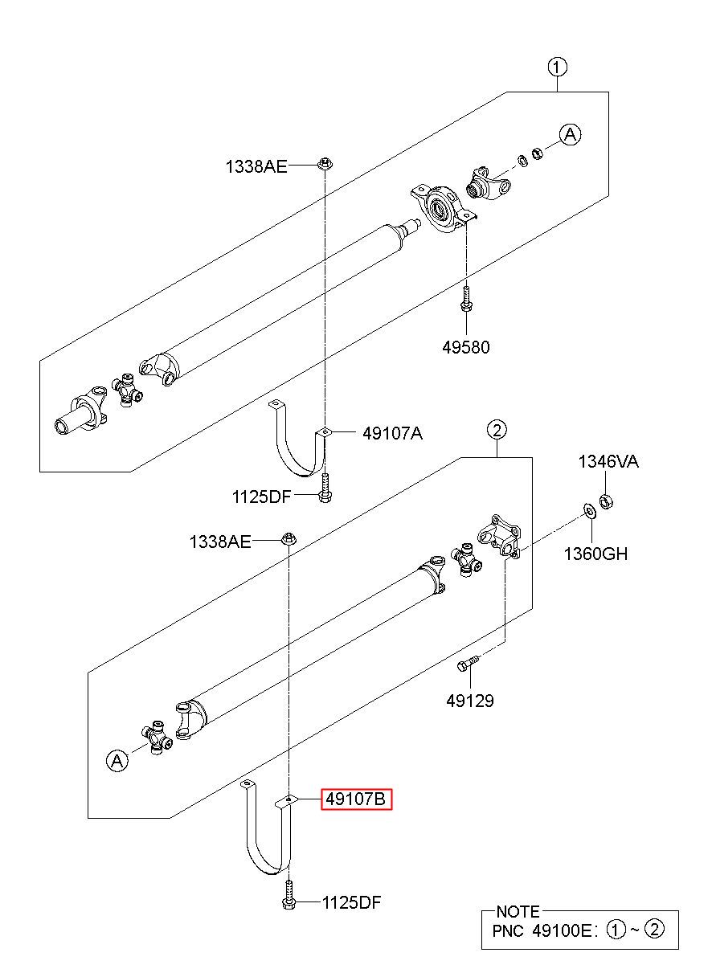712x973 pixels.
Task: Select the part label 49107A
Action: [x=392, y=433]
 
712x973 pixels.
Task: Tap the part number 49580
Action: [x=465, y=348]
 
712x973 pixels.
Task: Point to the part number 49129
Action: [x=470, y=701]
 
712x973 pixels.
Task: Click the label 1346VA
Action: [x=608, y=462]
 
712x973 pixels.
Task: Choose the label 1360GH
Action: [x=595, y=553]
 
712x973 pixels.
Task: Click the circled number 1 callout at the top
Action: [x=558, y=67]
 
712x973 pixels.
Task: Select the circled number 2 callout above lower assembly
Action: [x=497, y=431]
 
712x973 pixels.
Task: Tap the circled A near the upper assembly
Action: [x=570, y=135]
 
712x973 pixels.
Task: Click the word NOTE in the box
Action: [x=518, y=912]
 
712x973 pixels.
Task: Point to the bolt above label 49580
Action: [x=466, y=299]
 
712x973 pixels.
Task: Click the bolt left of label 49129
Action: [x=468, y=664]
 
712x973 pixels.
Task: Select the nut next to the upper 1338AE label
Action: [x=325, y=164]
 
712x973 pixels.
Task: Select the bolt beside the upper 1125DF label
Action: [x=324, y=489]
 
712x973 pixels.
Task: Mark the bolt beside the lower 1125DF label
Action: [x=289, y=896]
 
